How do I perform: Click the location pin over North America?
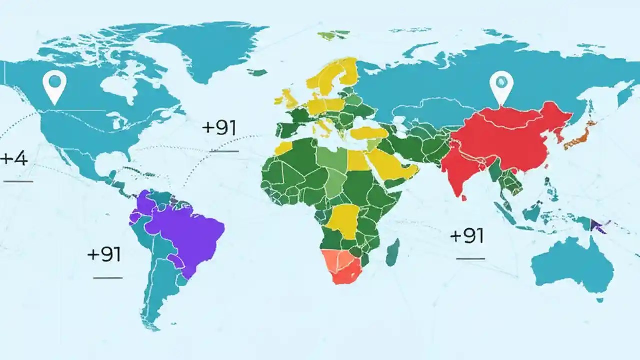pos(54,85)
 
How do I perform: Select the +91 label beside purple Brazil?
pos(104,254)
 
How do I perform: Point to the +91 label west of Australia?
pos(467,236)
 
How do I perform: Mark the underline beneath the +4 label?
pos(18,181)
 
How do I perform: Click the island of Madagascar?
pos(393,252)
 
